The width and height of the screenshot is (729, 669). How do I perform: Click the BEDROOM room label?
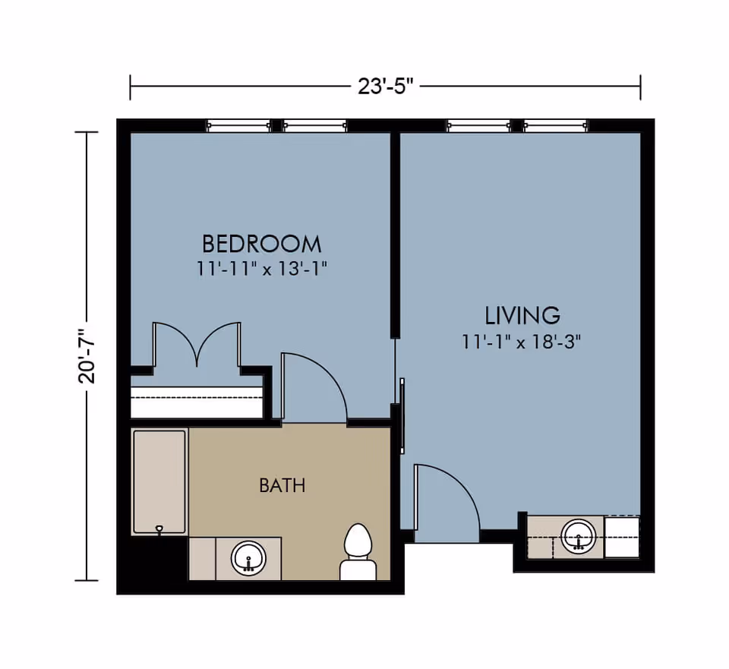[261, 244]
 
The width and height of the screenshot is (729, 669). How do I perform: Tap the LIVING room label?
[522, 314]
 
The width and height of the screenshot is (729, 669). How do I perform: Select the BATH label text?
[282, 485]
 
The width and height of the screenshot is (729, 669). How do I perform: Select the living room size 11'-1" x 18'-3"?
[522, 342]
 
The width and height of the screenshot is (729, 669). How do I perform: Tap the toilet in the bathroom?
[358, 552]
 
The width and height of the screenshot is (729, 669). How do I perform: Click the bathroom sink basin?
[248, 559]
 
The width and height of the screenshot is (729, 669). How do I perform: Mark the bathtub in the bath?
[159, 481]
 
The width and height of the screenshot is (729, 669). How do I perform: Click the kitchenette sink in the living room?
[579, 536]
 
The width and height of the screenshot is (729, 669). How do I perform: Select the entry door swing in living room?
[444, 501]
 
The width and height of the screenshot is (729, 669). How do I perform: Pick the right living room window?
[556, 126]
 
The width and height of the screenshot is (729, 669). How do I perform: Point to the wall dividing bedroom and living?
[395, 235]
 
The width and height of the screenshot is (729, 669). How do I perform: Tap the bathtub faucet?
[159, 529]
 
